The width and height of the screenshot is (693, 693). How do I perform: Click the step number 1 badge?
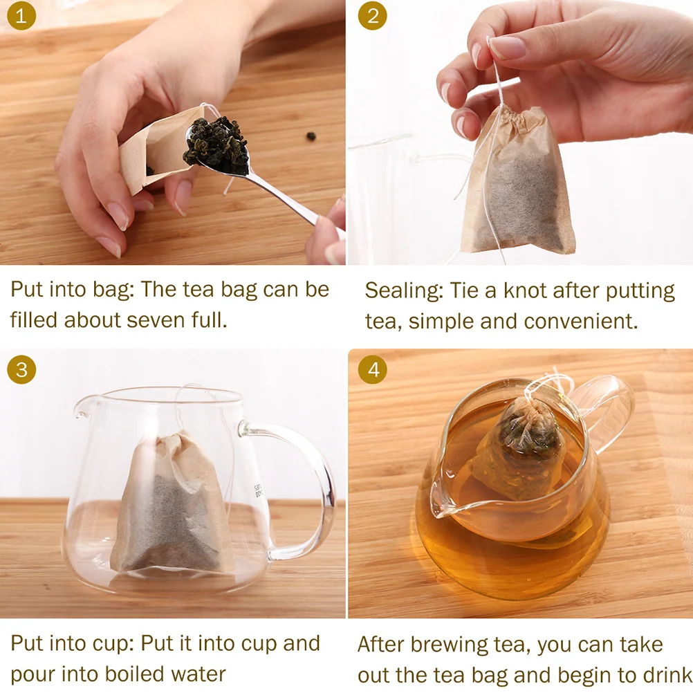tap(21, 16)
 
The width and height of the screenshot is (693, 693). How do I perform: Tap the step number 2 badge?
tap(373, 16)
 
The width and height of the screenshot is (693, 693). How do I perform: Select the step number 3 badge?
tap(21, 370)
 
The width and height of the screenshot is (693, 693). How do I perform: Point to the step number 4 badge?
tap(373, 370)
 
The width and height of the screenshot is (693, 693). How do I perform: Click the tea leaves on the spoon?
tap(217, 143)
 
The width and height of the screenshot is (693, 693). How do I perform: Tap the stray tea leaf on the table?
tap(311, 136)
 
